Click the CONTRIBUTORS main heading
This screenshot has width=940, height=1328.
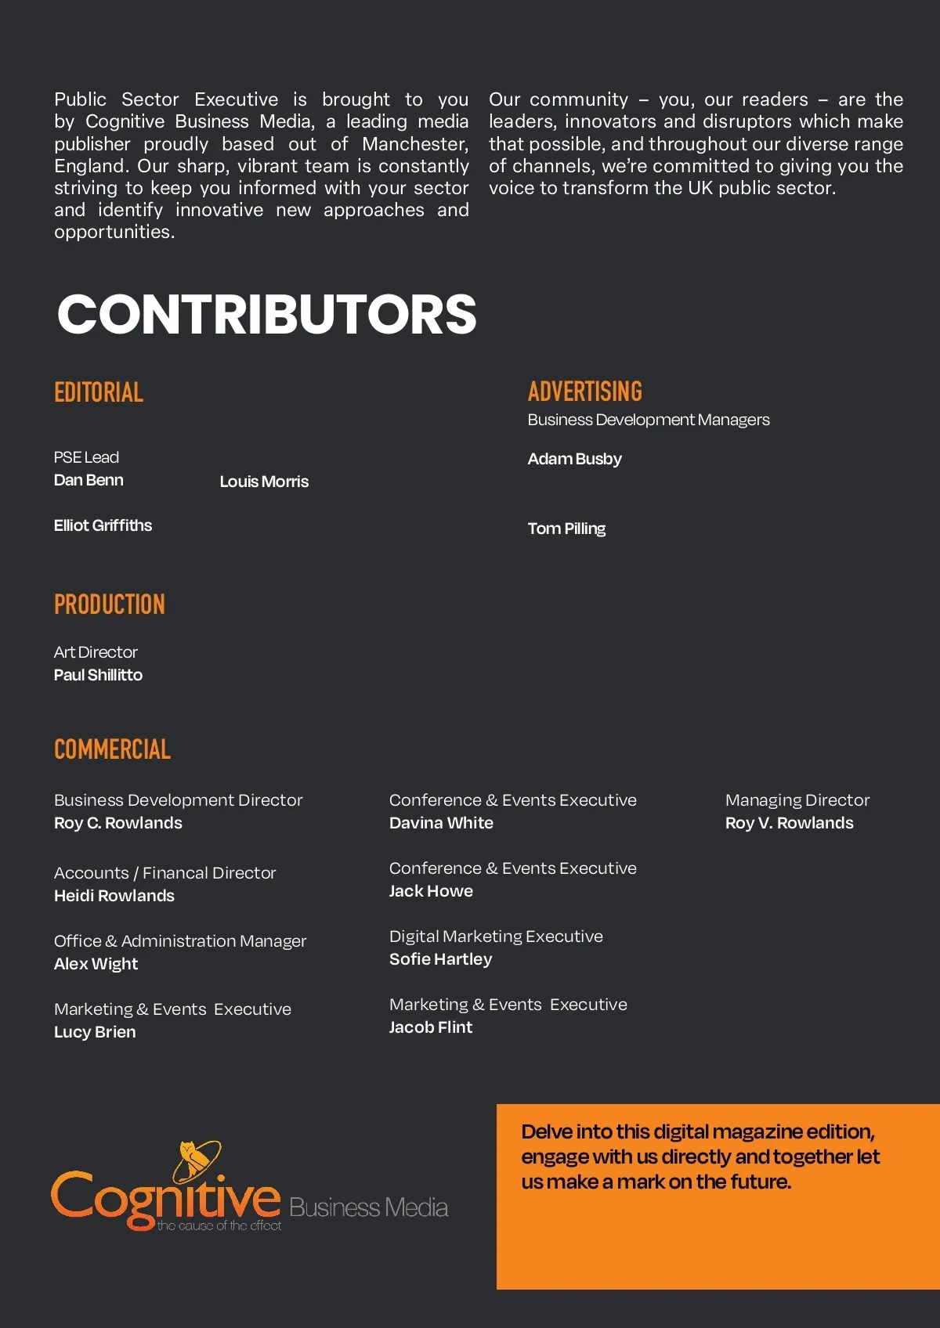[266, 314]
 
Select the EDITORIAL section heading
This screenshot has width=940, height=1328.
[99, 392]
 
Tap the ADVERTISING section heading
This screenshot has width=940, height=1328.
[584, 392]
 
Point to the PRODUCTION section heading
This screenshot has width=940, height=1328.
[110, 604]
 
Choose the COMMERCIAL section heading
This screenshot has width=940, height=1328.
[112, 749]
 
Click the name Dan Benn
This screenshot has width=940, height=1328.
[89, 480]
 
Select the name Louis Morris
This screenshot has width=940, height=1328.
[264, 482]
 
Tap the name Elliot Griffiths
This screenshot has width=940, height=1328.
[103, 525]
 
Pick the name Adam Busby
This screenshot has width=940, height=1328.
[574, 459]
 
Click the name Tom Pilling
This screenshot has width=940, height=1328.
[566, 529]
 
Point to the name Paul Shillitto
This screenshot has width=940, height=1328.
[98, 675]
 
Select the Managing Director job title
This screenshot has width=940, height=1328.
[797, 800]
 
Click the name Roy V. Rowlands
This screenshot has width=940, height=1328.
[789, 823]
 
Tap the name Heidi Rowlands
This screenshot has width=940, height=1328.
[114, 896]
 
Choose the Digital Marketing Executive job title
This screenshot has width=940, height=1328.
[496, 936]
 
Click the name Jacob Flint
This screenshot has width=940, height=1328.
[431, 1027]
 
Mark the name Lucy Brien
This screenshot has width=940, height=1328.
[95, 1032]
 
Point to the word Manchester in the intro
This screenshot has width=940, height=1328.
[415, 144]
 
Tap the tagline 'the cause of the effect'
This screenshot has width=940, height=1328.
[219, 1225]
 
